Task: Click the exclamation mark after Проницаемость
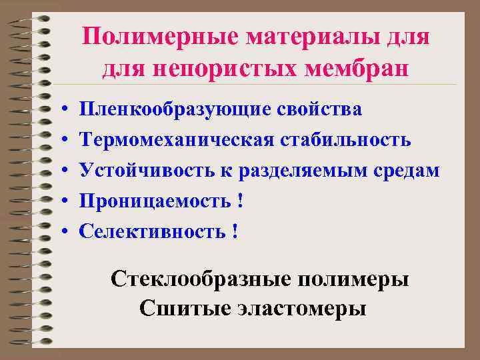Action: pos(239,201)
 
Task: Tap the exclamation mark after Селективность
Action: pos(235,231)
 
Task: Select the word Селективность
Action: pos(152,231)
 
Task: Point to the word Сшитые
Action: pos(175,309)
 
